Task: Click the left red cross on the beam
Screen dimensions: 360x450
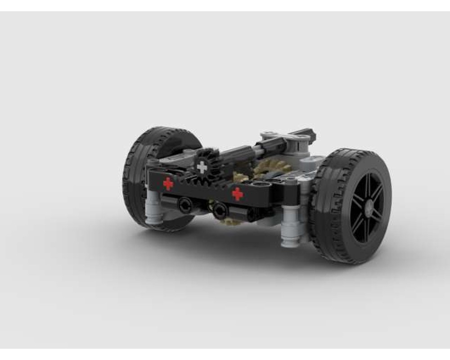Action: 168,183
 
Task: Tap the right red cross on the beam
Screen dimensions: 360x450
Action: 238,194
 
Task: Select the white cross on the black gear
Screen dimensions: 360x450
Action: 202,167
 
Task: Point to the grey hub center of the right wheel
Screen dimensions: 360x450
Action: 369,206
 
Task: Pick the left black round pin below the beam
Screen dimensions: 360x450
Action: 184,205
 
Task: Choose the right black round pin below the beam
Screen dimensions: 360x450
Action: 220,211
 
